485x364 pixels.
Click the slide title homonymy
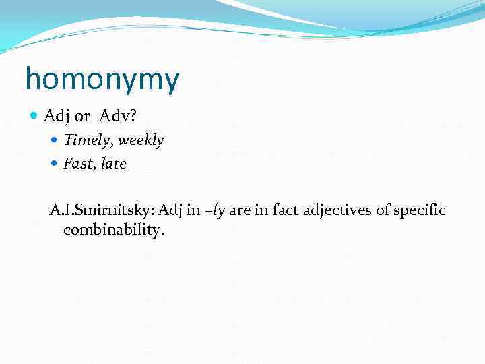click(102, 80)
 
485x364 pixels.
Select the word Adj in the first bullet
click(56, 117)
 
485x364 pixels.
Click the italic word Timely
click(83, 140)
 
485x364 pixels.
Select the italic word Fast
click(78, 164)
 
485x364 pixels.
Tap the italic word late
click(113, 164)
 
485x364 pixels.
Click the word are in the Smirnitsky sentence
click(240, 211)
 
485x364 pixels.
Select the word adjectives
click(337, 211)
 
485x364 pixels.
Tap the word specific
click(419, 211)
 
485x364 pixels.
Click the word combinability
click(113, 230)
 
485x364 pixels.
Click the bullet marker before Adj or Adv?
click(35, 117)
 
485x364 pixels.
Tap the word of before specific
click(383, 211)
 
